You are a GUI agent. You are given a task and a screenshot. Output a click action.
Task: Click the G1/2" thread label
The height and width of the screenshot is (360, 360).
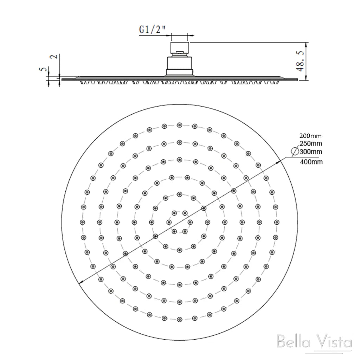152,30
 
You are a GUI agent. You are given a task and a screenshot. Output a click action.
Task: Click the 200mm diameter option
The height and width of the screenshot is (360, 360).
310,136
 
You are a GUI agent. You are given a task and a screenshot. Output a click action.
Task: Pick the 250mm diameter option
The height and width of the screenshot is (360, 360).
310,143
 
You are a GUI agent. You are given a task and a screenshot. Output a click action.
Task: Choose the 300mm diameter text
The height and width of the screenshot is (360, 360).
311,152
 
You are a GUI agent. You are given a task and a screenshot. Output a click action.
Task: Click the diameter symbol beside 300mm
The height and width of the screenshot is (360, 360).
295,152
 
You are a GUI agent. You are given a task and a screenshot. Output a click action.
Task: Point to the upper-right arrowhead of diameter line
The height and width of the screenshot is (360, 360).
279,161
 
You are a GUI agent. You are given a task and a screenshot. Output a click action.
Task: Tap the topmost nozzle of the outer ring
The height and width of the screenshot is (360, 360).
180,125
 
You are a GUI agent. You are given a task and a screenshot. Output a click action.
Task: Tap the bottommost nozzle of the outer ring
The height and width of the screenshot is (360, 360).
180,319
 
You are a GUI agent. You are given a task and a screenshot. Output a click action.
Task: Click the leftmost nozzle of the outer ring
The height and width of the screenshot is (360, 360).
82,222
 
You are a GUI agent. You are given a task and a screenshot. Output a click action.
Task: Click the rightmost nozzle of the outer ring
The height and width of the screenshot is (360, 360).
277,222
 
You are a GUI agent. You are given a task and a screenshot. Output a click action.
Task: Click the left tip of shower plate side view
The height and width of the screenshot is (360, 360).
63,79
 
